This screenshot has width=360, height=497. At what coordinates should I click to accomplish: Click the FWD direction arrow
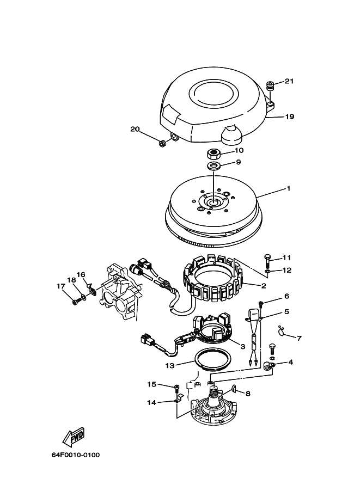[74, 437]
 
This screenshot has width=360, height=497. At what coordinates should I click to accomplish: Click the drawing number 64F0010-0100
[76, 455]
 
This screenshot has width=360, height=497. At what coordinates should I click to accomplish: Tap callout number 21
[289, 81]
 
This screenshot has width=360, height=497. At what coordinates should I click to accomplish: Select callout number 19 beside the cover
[290, 116]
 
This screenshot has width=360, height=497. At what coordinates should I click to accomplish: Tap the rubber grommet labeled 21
[270, 86]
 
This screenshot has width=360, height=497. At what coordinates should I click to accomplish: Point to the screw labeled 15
[177, 387]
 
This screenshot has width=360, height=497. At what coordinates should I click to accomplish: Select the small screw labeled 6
[261, 304]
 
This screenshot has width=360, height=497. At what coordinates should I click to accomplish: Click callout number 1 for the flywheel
[288, 188]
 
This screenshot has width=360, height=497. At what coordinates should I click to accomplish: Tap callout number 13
[170, 365]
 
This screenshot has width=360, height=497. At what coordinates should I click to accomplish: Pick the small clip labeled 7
[280, 330]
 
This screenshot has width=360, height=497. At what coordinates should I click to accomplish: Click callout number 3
[243, 346]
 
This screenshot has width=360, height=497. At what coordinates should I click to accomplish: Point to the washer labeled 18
[84, 297]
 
